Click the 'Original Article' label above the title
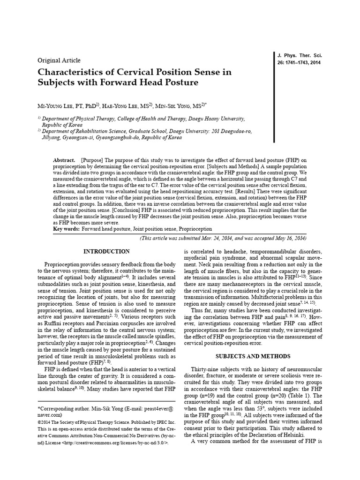(x=59, y=60)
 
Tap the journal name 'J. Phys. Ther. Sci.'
(x=300, y=55)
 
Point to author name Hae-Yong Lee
(x=124, y=106)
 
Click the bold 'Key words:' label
(x=67, y=229)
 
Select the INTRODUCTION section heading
(x=106, y=252)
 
